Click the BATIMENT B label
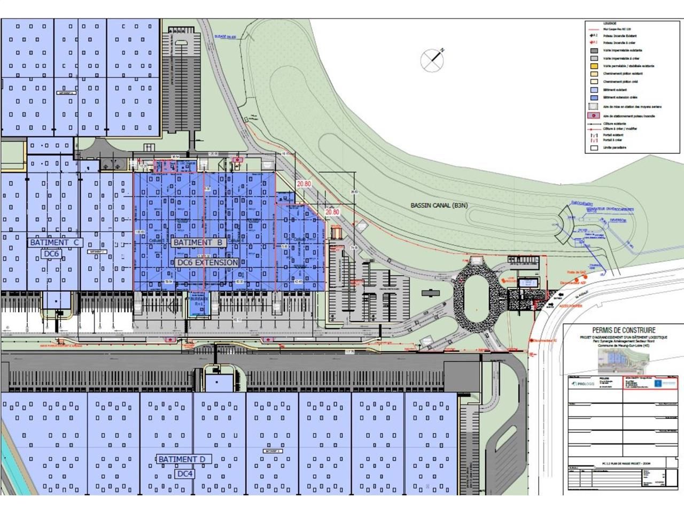197,242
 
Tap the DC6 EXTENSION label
207,262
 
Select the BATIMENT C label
55,242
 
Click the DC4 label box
184,473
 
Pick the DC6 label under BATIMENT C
55,254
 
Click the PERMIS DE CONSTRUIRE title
624,330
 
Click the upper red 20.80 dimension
304,183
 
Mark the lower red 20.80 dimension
332,212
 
